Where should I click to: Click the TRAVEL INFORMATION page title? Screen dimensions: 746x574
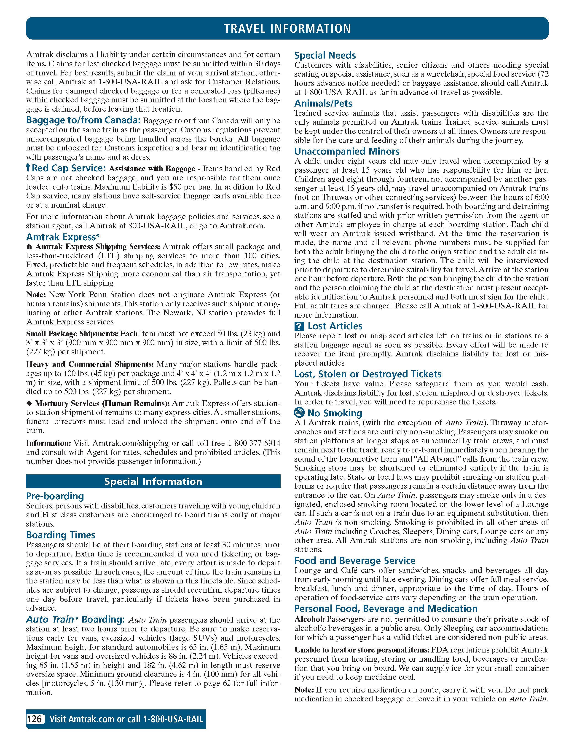pos(287,28)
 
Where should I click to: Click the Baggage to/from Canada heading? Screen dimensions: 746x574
pos(83,120)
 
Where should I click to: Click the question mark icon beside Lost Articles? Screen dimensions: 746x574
pos(299,326)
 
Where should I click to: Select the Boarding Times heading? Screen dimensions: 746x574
pos(61,535)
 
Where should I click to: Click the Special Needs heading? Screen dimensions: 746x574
pos(325,55)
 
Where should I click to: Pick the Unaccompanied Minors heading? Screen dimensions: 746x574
pos(347,151)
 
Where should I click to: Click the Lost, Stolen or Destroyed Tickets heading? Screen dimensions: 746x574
pos(368,374)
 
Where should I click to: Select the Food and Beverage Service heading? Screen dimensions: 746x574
pos(355,561)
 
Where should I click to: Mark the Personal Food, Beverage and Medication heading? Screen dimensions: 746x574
pos(386,608)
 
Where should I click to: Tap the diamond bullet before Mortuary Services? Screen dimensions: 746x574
pos(29,403)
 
